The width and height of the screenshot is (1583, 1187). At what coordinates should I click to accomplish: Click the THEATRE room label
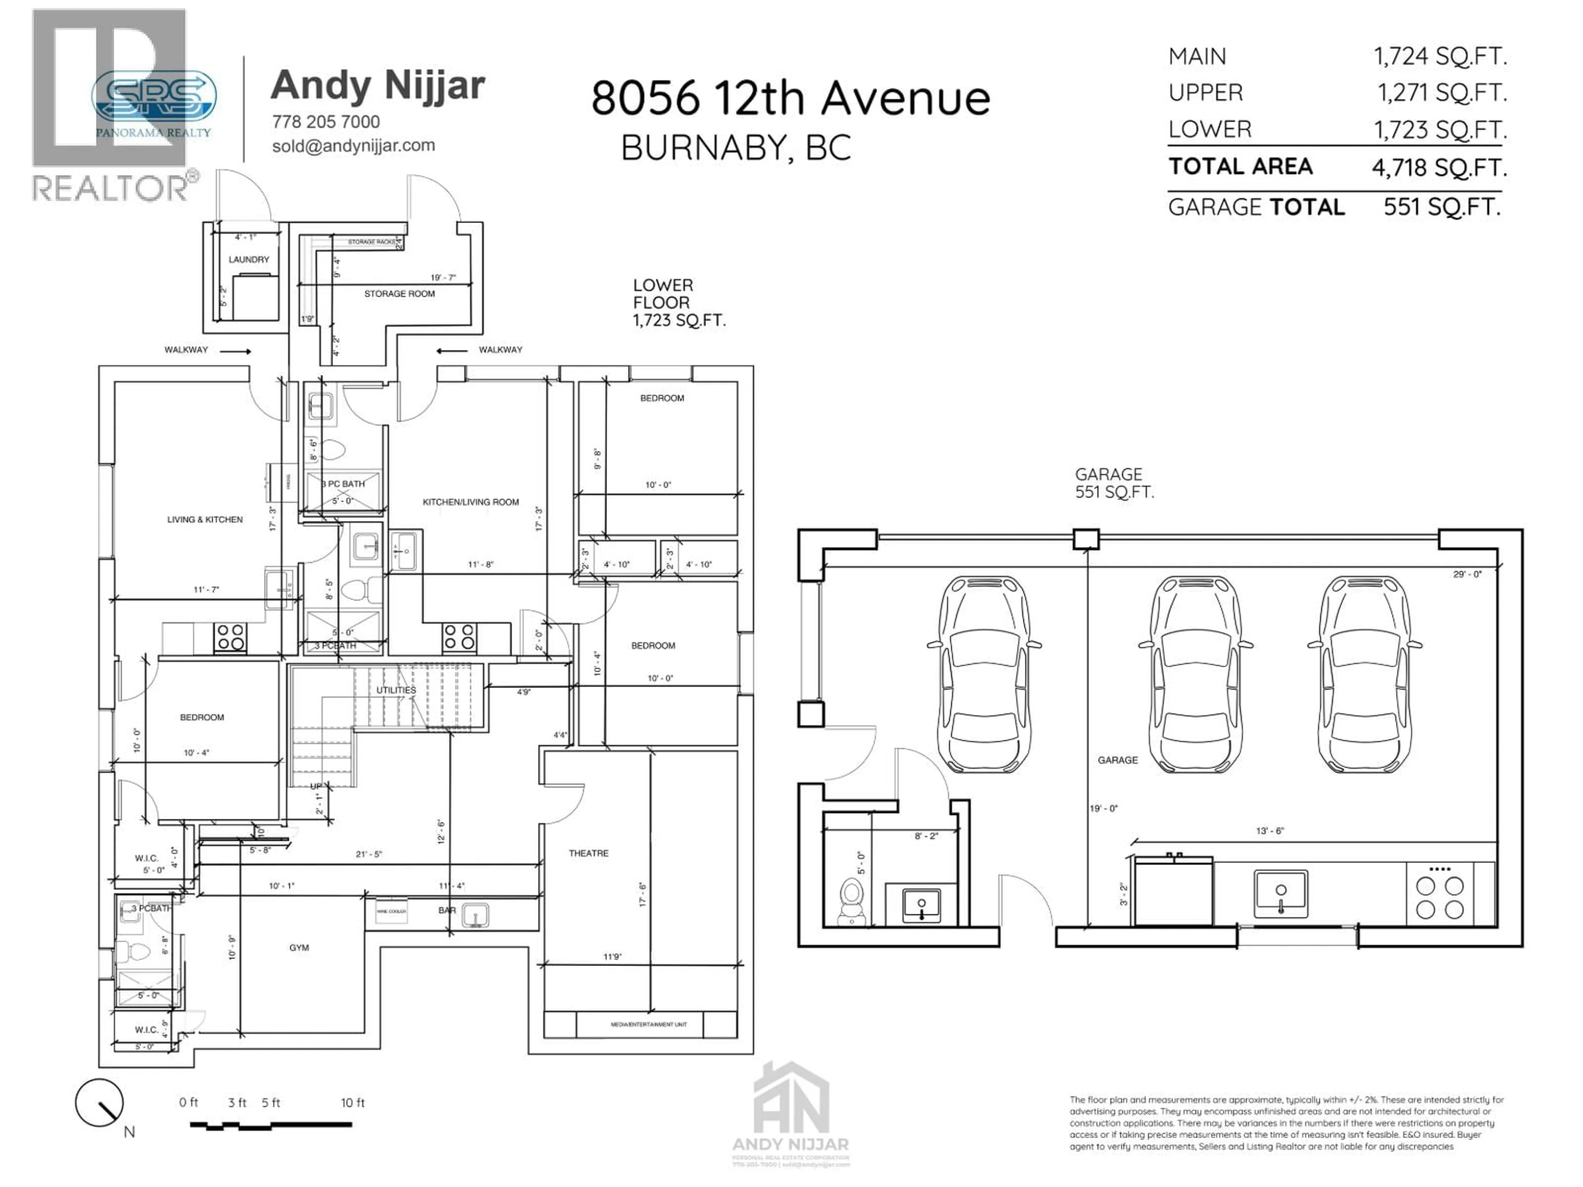click(x=588, y=853)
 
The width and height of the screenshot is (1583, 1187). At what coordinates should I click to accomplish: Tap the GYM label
click(x=299, y=947)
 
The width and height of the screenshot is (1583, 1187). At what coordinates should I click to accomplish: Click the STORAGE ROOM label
click(x=399, y=293)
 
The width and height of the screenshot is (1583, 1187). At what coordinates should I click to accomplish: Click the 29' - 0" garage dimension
click(x=1467, y=574)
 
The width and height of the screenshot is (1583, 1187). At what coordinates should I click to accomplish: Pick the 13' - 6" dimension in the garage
click(x=1270, y=830)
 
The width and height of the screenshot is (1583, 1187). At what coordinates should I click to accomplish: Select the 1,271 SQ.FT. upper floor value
click(x=1442, y=92)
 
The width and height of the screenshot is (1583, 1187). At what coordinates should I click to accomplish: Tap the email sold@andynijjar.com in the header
click(x=354, y=145)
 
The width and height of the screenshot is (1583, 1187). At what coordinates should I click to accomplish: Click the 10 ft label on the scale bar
click(x=352, y=1103)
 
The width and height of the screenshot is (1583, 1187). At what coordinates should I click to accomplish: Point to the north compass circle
click(x=99, y=1103)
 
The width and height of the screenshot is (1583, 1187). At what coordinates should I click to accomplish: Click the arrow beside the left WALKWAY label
click(x=235, y=351)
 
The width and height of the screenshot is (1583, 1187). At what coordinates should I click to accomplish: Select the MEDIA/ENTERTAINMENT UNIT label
click(x=648, y=1025)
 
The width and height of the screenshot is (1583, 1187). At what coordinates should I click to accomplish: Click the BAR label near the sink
click(x=446, y=910)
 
